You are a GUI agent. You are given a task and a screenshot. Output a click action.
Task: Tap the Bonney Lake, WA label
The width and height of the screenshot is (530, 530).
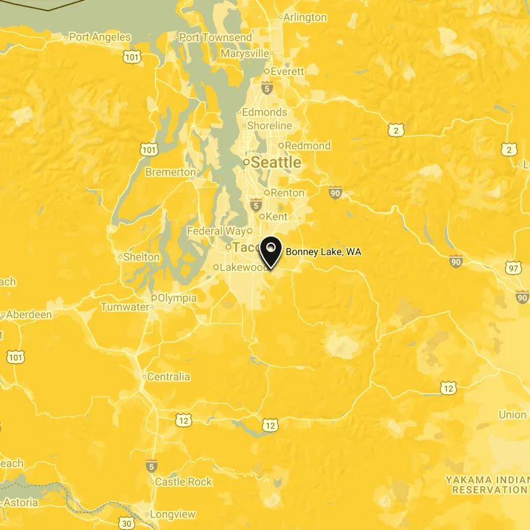[x=323, y=252]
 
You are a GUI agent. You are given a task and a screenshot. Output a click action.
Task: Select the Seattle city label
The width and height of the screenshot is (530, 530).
[x=276, y=162]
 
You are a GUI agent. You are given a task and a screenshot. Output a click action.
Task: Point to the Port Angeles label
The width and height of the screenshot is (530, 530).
[x=100, y=37]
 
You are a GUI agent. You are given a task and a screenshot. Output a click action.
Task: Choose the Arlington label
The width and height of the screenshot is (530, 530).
[x=305, y=17]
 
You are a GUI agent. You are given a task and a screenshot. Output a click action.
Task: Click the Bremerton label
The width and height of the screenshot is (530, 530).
[x=170, y=172]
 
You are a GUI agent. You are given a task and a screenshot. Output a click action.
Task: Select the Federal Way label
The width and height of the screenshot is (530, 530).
[x=216, y=231]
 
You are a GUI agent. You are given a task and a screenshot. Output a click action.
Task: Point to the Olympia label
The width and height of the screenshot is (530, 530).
[x=177, y=298]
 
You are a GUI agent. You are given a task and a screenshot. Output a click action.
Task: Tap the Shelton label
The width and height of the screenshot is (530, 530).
[x=141, y=256]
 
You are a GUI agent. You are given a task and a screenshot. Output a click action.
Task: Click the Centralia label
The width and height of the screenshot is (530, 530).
[x=168, y=377]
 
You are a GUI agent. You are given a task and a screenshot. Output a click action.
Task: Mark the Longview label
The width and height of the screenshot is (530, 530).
[x=172, y=514]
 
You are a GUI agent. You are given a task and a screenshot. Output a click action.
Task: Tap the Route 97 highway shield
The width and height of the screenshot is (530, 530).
[x=511, y=268]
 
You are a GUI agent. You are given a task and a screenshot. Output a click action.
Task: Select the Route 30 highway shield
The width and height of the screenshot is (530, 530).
[x=128, y=524]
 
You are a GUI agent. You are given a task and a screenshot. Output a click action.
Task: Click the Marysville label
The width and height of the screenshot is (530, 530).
[x=244, y=53]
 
